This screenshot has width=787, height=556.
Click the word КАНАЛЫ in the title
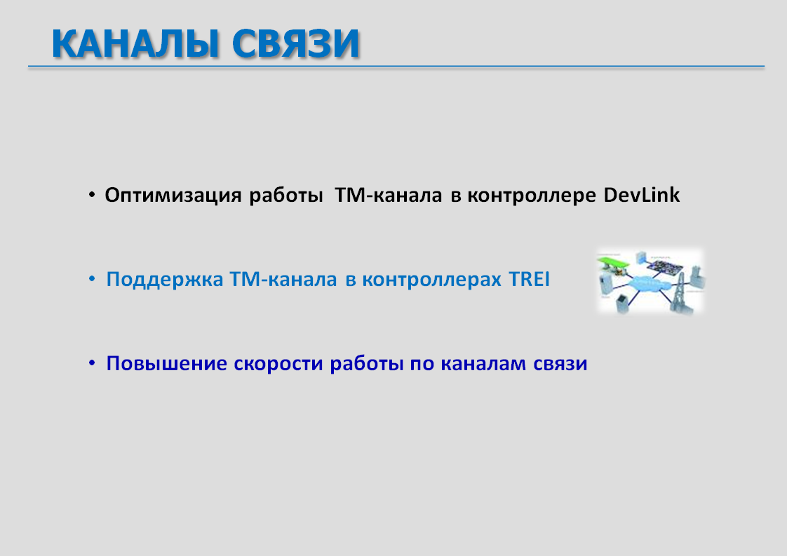tap(135, 43)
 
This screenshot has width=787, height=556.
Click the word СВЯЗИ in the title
tap(295, 43)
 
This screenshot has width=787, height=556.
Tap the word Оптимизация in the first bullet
tap(173, 195)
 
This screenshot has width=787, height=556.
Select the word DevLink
tap(641, 195)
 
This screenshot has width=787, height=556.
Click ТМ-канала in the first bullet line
tap(389, 195)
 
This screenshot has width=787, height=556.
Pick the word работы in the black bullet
tap(285, 196)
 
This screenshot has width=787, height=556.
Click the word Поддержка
tap(165, 279)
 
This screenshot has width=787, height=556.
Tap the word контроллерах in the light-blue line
tap(431, 280)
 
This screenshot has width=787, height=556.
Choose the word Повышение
tap(167, 363)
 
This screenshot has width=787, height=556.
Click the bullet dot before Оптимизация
tap(92, 194)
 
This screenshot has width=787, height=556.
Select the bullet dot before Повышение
tap(92, 362)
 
